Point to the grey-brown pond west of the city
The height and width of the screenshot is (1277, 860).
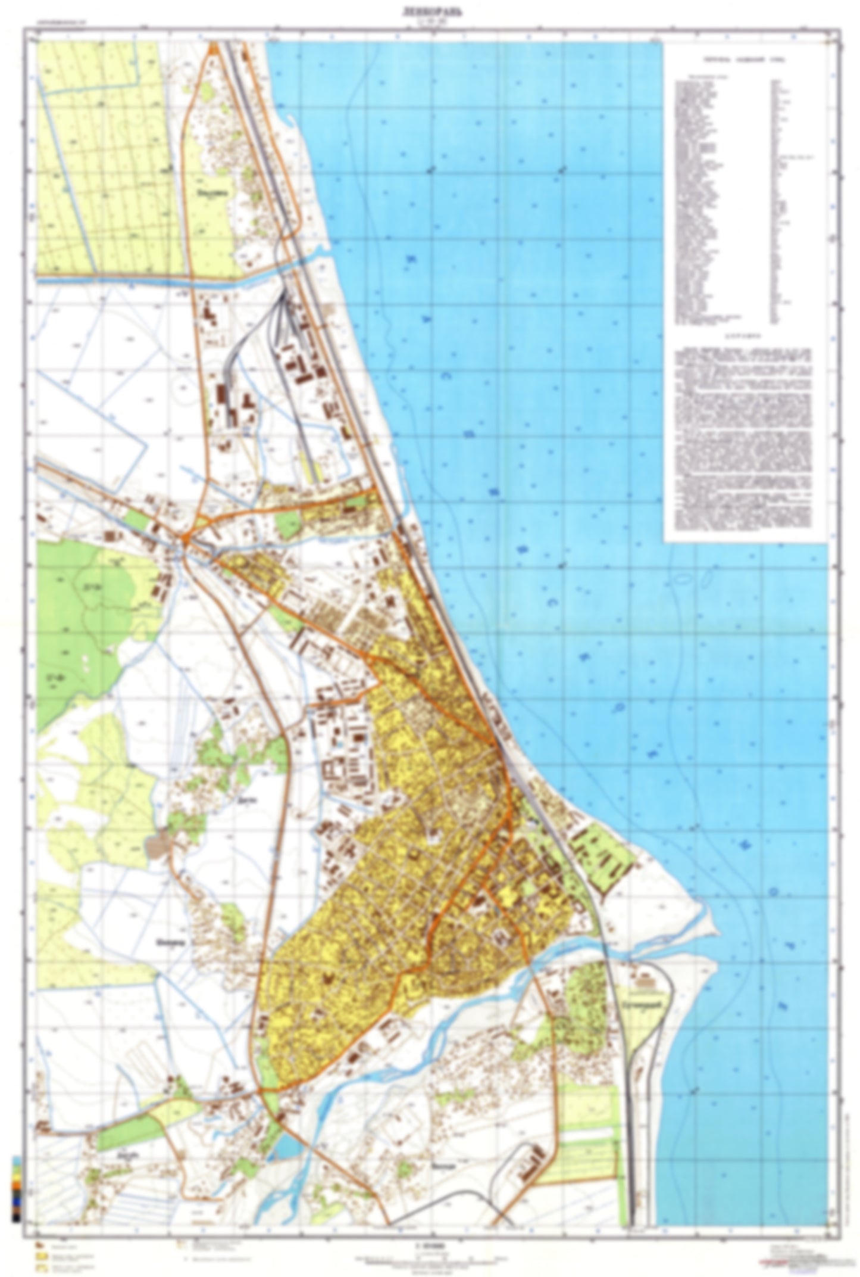pos(156,844)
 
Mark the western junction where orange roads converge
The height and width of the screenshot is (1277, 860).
pos(186,541)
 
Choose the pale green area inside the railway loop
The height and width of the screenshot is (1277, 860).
pos(643,1007)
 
